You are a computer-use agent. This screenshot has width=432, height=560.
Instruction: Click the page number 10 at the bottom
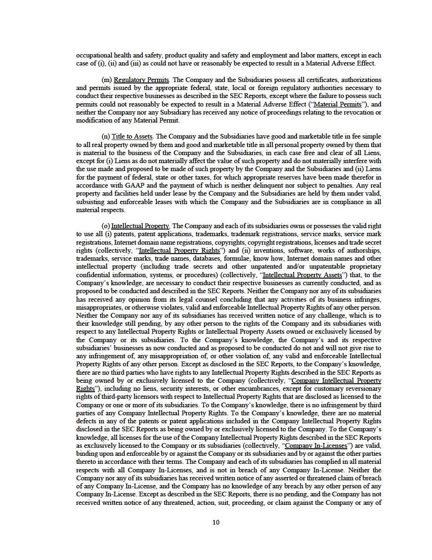[216, 522]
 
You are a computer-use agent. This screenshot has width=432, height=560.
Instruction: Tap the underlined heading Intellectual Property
[140, 226]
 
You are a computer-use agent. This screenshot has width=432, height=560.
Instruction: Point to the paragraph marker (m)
[106, 80]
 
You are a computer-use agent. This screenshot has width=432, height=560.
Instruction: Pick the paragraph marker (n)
[106, 137]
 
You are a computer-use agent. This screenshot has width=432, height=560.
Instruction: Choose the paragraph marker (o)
[106, 226]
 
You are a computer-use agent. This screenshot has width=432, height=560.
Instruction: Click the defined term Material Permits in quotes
[337, 104]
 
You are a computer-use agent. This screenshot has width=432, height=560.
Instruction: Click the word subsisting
[91, 201]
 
